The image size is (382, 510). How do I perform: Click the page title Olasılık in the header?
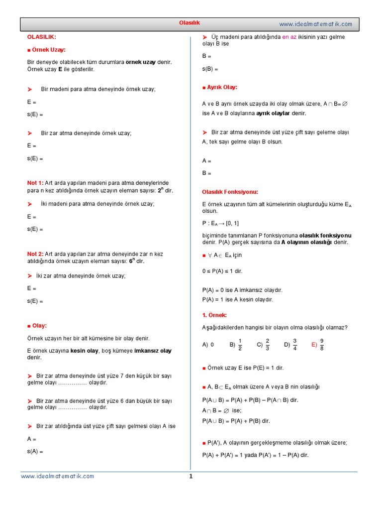coord(189,23)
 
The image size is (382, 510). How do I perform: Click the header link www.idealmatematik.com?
coord(315,24)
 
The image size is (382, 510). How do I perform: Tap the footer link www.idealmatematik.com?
coord(57,476)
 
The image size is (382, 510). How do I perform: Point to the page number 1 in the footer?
coord(191,476)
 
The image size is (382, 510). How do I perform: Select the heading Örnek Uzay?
coord(48,50)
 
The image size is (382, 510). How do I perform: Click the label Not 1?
coord(35,183)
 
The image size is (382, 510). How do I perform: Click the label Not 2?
coord(35,254)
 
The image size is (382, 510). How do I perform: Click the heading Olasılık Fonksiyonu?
coord(230,192)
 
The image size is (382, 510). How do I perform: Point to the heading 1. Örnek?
coord(214,315)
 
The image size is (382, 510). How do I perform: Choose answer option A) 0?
coord(208,345)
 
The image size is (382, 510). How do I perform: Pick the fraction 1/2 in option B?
coord(240,344)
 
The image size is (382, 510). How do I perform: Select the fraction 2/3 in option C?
coord(267,344)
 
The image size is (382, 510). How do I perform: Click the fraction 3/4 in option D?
coord(295,344)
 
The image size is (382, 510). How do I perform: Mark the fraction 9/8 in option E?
coord(322,344)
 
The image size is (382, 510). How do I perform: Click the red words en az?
coord(289,37)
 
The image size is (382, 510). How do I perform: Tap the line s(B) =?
coord(210,69)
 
